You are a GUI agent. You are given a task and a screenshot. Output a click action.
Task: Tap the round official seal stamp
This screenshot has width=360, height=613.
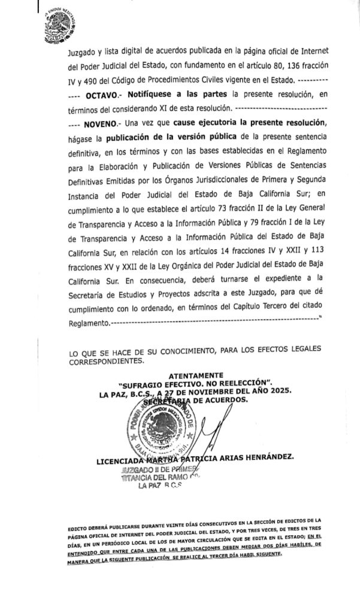160,429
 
